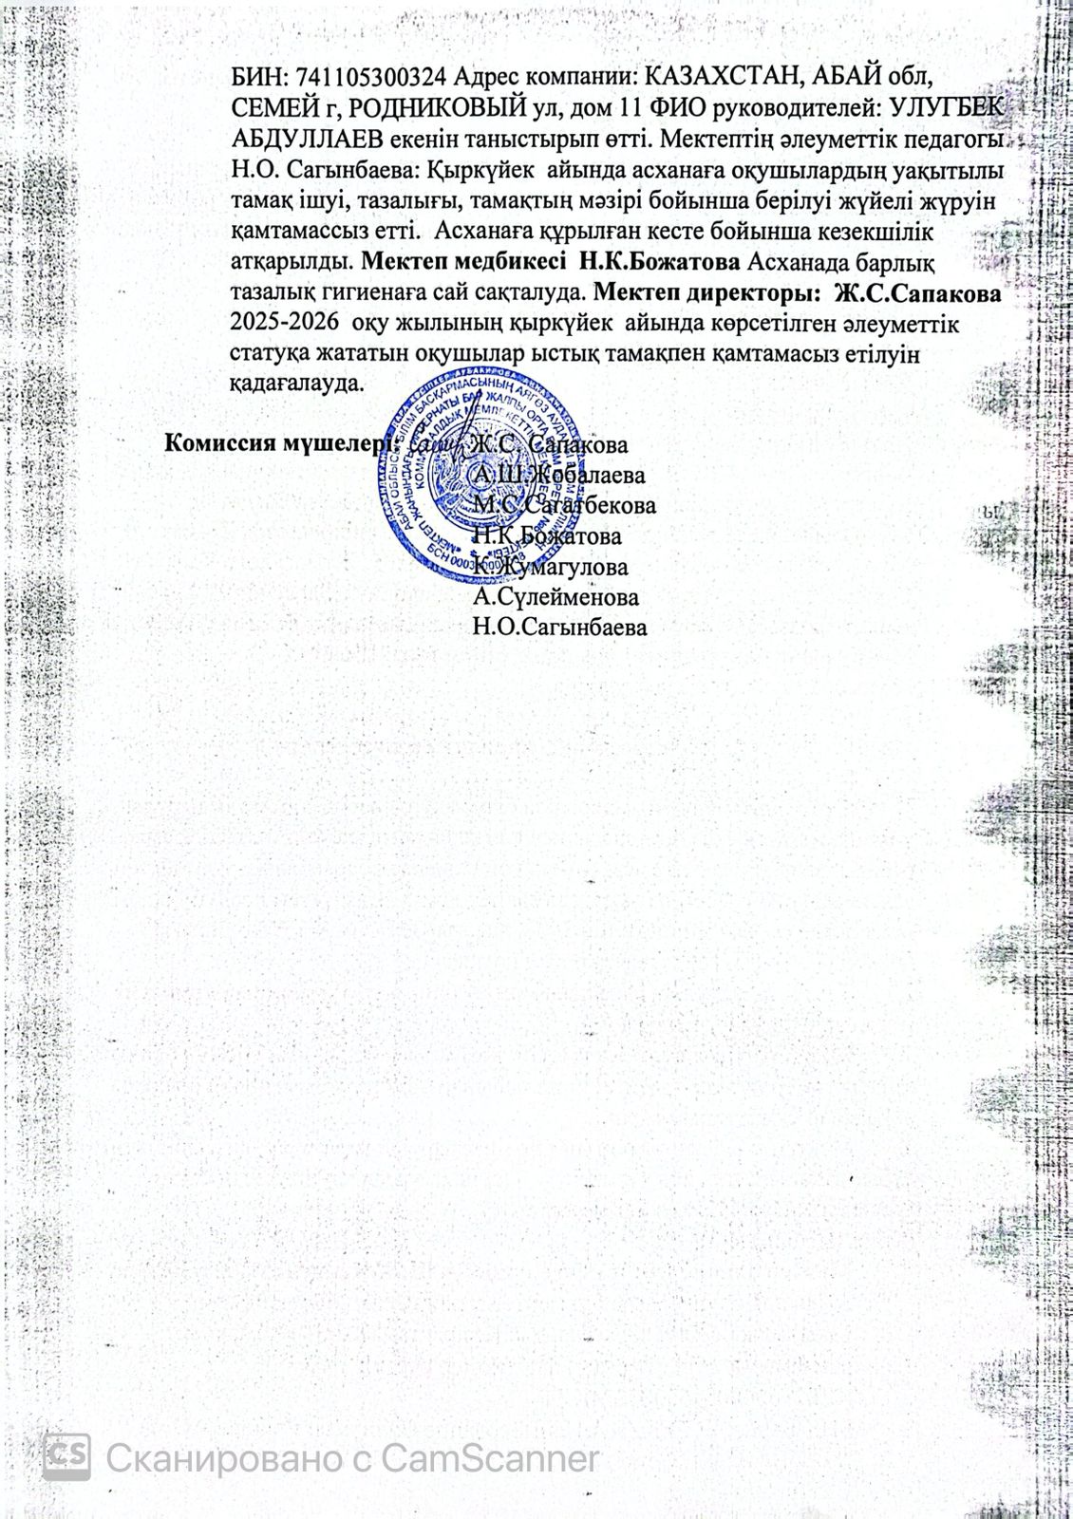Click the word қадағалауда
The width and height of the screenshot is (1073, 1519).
click(x=295, y=384)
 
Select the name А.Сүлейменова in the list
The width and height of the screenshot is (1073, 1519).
click(x=555, y=597)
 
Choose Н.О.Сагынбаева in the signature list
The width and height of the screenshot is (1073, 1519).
click(x=560, y=628)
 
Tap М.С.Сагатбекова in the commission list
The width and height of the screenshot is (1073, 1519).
click(x=564, y=505)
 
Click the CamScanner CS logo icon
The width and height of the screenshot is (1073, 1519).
click(x=67, y=1457)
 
